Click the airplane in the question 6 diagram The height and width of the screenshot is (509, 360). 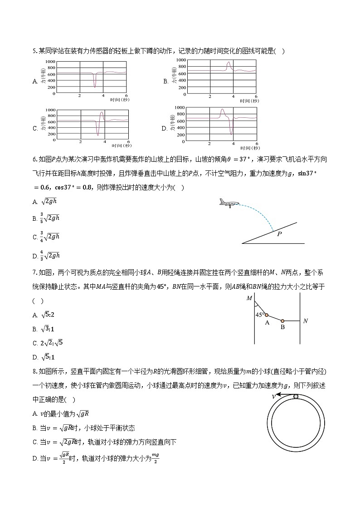227,203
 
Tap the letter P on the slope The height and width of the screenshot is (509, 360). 279,234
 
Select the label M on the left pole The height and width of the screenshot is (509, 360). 249,298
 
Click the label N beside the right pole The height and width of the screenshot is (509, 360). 305,321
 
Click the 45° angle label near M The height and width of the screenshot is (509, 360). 259,315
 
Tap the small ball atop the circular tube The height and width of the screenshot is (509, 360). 296,397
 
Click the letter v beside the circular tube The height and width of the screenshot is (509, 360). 274,396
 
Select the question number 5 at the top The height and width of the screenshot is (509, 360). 34,51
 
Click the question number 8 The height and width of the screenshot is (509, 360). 34,372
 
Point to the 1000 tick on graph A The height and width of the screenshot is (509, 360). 50,62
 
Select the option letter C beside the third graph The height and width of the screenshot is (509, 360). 35,128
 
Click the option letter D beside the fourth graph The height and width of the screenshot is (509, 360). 165,128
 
